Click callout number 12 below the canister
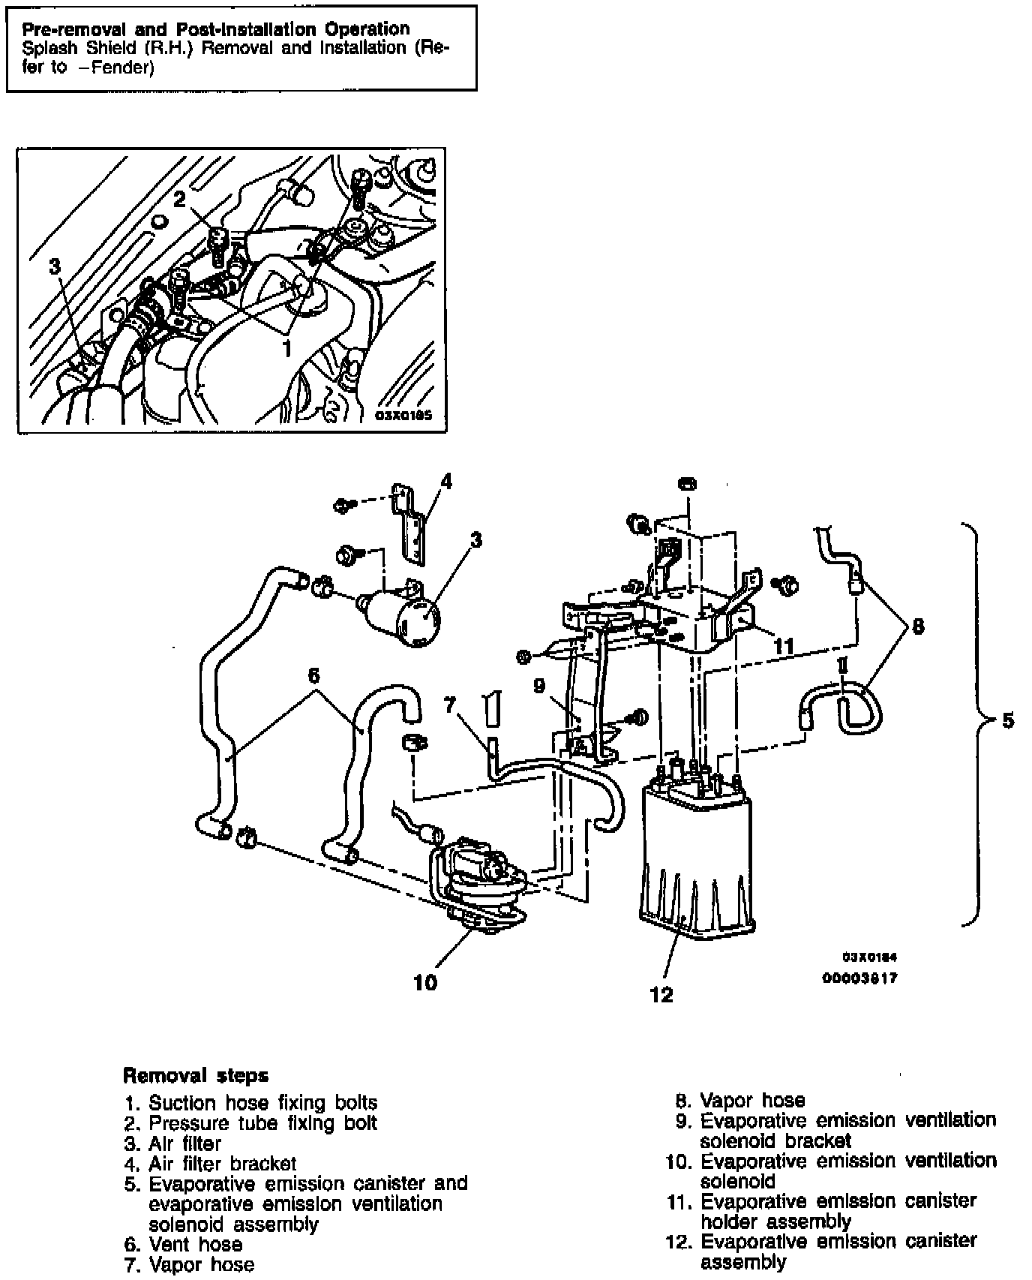point(662,994)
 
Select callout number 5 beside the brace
point(1007,720)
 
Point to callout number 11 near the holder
point(783,646)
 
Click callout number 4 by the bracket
point(446,481)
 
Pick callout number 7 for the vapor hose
point(450,705)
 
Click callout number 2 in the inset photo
point(179,199)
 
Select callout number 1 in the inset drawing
point(286,348)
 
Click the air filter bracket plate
point(411,521)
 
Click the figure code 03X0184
point(870,957)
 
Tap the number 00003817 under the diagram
point(860,978)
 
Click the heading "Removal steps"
point(195,1075)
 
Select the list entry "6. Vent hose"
point(184,1245)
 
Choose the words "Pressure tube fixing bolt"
point(262,1122)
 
